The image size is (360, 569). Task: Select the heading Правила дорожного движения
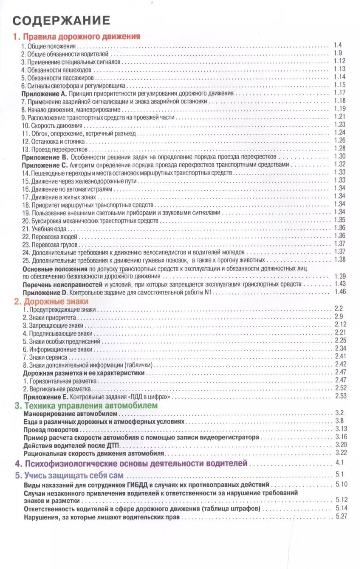click(x=76, y=36)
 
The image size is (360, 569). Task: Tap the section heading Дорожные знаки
click(x=52, y=301)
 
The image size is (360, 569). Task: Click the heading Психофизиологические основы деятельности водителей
click(x=131, y=464)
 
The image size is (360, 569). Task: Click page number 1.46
click(x=340, y=292)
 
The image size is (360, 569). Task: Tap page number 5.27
click(x=341, y=517)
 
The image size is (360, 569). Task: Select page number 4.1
click(x=340, y=463)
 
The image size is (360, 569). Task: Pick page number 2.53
click(x=341, y=396)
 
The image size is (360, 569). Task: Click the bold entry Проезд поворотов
click(x=51, y=430)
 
